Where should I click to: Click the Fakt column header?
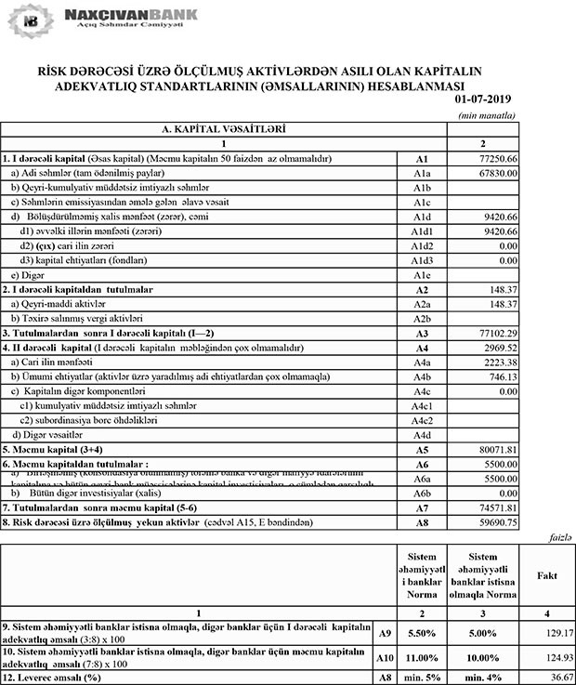pos(547,575)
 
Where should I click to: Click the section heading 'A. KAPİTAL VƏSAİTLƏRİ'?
pos(223,130)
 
